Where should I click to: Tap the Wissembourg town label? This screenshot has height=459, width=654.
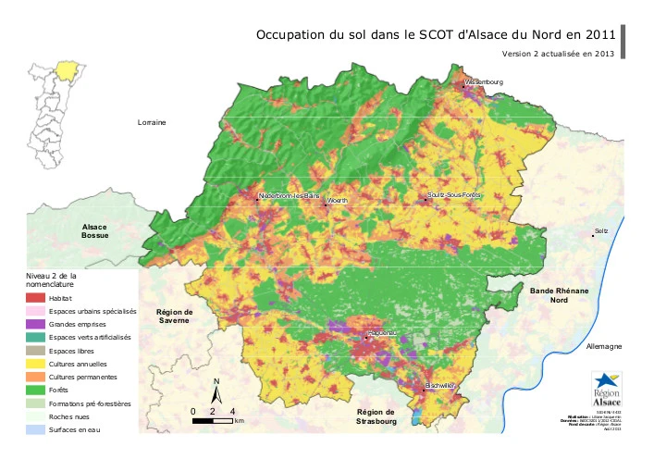[x=484, y=82]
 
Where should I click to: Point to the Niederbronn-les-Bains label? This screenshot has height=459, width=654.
[x=289, y=196]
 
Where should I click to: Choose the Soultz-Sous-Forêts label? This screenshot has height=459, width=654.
[x=455, y=195]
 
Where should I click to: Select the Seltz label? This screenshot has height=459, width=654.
[x=600, y=231]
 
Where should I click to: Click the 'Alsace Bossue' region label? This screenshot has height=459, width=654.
[x=95, y=231]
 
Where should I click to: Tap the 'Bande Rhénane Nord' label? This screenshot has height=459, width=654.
[x=559, y=295]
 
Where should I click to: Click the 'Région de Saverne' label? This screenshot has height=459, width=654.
[x=174, y=316]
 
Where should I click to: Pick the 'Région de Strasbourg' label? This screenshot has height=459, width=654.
[x=376, y=416]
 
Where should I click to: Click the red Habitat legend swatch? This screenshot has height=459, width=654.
[x=35, y=299]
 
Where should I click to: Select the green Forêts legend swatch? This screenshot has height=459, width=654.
[x=35, y=391]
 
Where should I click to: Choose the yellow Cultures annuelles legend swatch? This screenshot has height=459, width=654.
[x=35, y=365]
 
